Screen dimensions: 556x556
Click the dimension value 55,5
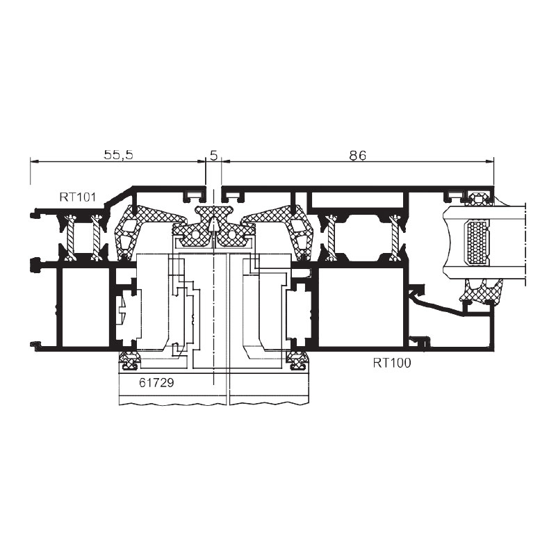click(x=118, y=155)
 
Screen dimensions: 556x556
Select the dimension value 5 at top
click(x=213, y=155)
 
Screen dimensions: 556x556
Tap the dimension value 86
click(x=357, y=155)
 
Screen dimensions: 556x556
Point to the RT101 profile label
click(x=78, y=197)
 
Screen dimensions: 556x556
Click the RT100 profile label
click(x=392, y=363)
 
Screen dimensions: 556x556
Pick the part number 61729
click(x=156, y=383)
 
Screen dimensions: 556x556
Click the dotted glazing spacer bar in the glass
click(x=477, y=243)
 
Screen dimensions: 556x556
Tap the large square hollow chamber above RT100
click(x=361, y=306)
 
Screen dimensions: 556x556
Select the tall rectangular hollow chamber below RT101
click(x=85, y=306)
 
